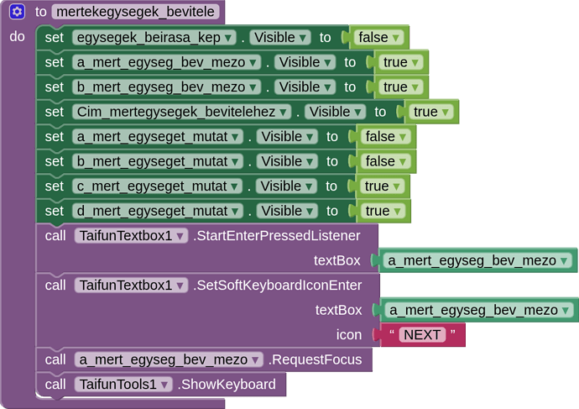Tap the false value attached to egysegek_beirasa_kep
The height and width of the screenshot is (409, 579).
tap(378, 37)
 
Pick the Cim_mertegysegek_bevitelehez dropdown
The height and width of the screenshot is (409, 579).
tap(182, 112)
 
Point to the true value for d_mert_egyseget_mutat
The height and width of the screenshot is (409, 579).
tap(383, 211)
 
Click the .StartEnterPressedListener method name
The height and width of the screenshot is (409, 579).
tap(277, 236)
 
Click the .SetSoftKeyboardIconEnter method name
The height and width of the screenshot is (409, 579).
tap(278, 286)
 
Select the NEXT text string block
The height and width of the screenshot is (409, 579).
tap(422, 335)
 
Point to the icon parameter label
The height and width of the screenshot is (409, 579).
tap(349, 335)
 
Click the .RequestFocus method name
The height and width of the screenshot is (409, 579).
tap(316, 359)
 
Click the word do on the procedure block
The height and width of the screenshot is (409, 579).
tap(18, 37)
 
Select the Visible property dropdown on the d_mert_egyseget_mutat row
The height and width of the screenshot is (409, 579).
tap(287, 211)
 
